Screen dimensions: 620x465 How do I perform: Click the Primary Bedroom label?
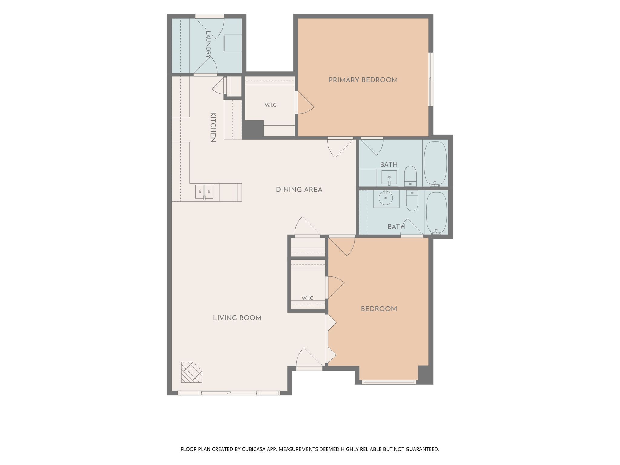coord(363,80)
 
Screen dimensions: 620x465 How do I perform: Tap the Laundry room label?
coord(208,44)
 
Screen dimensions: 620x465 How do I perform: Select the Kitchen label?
coord(213,127)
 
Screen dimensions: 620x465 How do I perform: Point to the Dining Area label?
coord(299,190)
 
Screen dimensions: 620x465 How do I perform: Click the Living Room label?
coord(237,318)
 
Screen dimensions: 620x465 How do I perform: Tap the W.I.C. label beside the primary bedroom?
coord(271,105)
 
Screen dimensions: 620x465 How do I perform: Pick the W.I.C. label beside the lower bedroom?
coord(308,298)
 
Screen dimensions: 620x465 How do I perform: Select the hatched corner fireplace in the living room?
coord(191,372)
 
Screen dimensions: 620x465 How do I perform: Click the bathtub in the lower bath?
coord(436,213)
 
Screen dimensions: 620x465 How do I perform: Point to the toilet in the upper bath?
coord(411,176)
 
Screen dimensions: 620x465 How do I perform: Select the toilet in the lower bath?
coord(412,200)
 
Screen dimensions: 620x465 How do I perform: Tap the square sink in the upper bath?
coord(389,177)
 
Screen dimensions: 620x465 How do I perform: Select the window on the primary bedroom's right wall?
coord(431,79)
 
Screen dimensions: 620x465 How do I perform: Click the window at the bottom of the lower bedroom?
coord(389,382)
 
